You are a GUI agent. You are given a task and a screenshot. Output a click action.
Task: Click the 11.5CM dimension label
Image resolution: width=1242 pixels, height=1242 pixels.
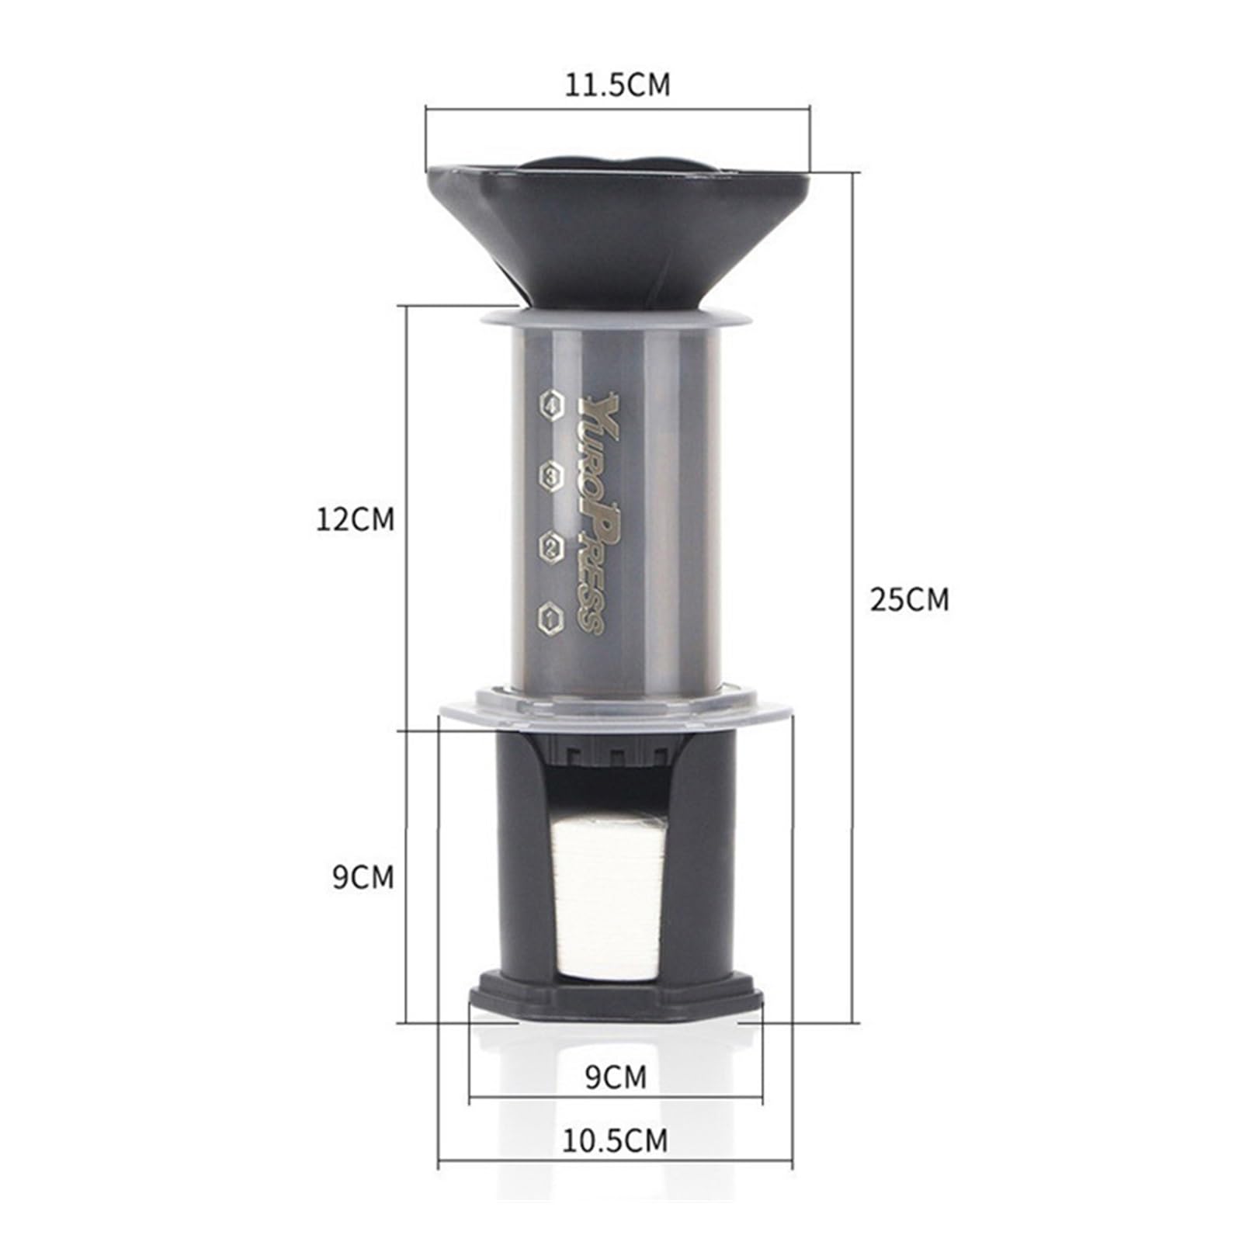(616, 85)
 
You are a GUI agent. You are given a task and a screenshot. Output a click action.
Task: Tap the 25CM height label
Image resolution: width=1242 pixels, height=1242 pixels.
(909, 600)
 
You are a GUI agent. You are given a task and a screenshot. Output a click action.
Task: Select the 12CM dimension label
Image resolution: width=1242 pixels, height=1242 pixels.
(355, 519)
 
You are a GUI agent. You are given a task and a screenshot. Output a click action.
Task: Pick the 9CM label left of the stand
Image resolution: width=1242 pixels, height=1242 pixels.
(363, 877)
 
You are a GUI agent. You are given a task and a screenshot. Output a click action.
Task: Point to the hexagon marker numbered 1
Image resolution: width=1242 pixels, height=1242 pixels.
(550, 618)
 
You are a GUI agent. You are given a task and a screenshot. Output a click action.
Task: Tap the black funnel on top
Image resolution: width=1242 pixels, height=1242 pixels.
(617, 225)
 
